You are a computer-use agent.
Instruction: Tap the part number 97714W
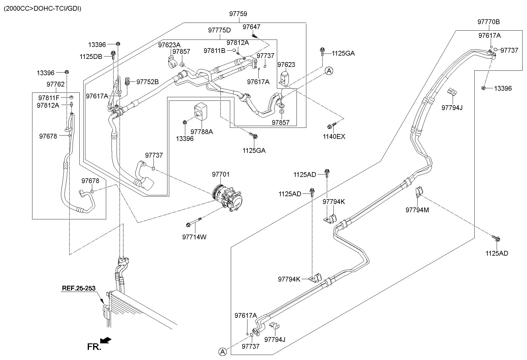coord(194,237)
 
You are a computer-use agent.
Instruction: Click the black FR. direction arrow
coord(106,340)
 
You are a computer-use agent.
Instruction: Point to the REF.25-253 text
coord(79,288)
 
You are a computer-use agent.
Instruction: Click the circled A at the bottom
coord(222,352)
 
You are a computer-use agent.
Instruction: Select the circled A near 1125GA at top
coord(329,71)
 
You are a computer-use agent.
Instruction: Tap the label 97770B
coord(488,22)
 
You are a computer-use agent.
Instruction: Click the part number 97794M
coord(417,210)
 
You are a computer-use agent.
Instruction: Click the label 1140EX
coord(334,137)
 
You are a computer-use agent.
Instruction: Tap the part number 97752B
coord(148,82)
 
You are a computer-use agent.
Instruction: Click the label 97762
coord(55,84)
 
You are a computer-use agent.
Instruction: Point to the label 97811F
coord(49,98)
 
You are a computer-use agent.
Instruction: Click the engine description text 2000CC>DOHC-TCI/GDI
coord(42,8)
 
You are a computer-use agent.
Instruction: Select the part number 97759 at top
coord(238,14)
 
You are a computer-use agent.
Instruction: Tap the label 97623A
coord(169,45)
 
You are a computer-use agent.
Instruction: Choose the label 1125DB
coord(91,56)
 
